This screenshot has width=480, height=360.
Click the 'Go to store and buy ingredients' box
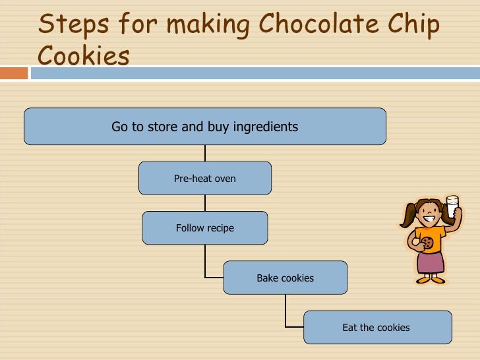pyautogui.click(x=204, y=126)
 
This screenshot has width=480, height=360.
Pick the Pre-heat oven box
pyautogui.click(x=204, y=178)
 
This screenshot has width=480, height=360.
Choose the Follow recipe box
pyautogui.click(x=204, y=228)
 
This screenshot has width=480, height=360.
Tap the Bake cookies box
pyautogui.click(x=285, y=278)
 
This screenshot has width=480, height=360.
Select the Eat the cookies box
pyautogui.click(x=377, y=327)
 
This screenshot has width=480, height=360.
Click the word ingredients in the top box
pyautogui.click(x=264, y=127)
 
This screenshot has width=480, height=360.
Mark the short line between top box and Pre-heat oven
pyautogui.click(x=205, y=153)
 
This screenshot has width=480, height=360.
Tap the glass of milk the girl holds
pyautogui.click(x=452, y=206)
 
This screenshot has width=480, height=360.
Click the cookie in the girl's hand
pyautogui.click(x=427, y=243)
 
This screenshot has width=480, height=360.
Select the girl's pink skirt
pyautogui.click(x=431, y=261)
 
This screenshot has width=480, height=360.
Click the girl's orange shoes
pyautogui.click(x=431, y=279)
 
